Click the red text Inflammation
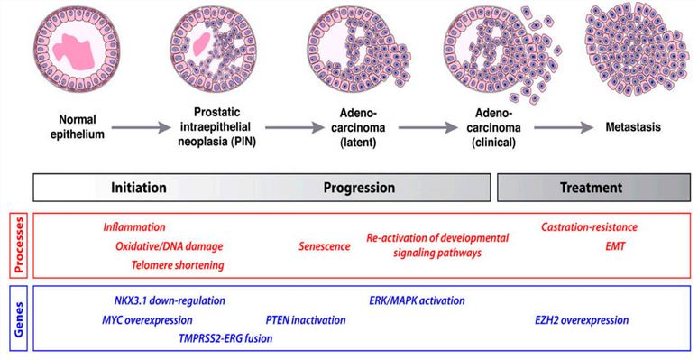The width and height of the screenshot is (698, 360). point(134,226)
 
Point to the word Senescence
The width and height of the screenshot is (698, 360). point(324,245)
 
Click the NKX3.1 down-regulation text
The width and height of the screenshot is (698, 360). point(170,300)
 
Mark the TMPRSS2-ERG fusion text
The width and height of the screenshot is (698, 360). point(225,338)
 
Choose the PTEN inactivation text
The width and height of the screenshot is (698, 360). point(306,319)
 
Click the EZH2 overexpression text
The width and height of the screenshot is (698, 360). point(582,319)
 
